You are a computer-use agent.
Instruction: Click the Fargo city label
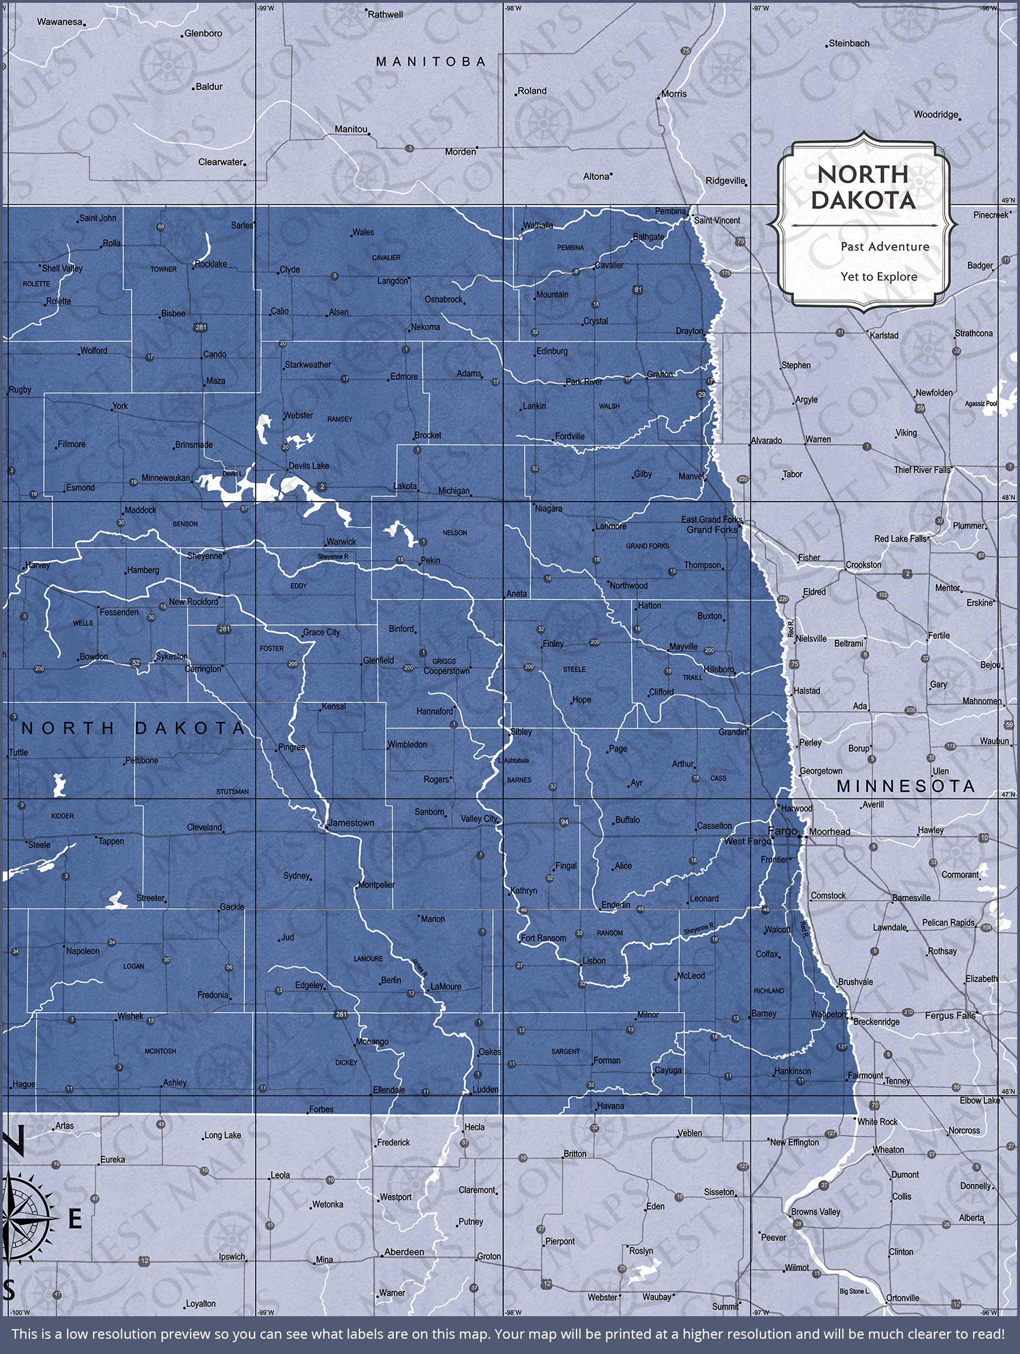[x=782, y=830]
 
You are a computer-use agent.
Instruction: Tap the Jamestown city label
[x=351, y=823]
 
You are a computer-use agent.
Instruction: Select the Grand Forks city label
[x=711, y=530]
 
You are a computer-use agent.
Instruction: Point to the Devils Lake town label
[x=309, y=466]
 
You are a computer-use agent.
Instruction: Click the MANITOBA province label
[x=431, y=62]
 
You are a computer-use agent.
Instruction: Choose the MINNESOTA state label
[x=905, y=786]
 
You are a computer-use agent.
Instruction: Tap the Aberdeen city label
[x=403, y=1252]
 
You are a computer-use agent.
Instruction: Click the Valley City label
[x=480, y=819]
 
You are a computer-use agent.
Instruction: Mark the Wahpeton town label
[x=828, y=1014]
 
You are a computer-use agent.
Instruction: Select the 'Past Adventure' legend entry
[x=884, y=247]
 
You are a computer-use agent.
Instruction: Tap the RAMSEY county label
[x=340, y=419]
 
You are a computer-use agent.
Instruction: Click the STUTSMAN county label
[x=232, y=792]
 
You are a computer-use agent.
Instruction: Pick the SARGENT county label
[x=565, y=1052]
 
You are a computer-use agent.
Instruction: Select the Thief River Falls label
[x=922, y=470]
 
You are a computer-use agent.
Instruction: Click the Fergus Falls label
[x=950, y=1016]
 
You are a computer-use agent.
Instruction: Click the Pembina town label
[x=670, y=211]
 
